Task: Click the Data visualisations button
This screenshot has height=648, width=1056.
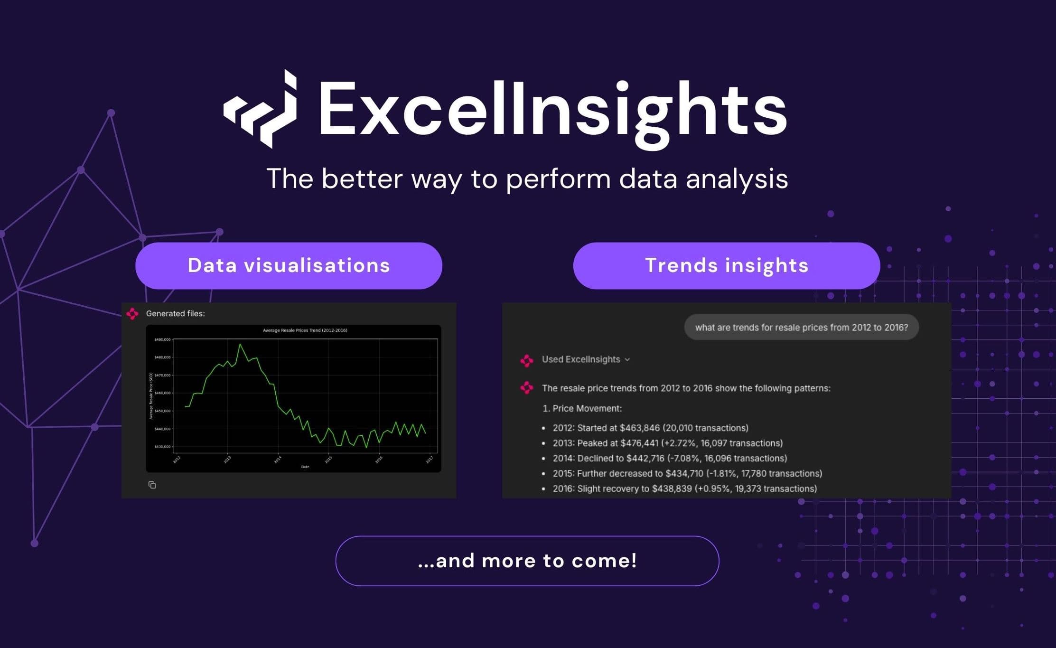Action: [x=289, y=265]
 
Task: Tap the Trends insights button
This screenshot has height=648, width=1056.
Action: [x=726, y=265]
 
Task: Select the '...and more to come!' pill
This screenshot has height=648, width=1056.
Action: [x=527, y=561]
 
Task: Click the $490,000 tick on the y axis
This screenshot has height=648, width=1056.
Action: [x=162, y=339]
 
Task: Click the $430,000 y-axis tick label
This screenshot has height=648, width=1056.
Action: [x=162, y=447]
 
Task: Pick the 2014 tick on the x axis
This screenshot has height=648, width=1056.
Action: [x=278, y=459]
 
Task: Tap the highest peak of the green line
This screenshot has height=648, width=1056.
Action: [x=240, y=344]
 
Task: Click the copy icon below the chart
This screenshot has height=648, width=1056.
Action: [x=152, y=485]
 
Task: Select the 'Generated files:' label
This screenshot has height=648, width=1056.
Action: [x=175, y=313]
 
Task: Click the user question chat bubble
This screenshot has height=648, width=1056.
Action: [x=801, y=327]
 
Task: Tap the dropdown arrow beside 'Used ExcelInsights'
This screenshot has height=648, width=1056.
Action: [x=627, y=360]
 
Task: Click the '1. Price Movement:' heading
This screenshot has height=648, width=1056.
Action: [x=582, y=408]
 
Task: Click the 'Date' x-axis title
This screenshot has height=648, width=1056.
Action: [x=305, y=467]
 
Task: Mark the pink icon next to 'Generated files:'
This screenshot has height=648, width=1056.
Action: [x=132, y=313]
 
